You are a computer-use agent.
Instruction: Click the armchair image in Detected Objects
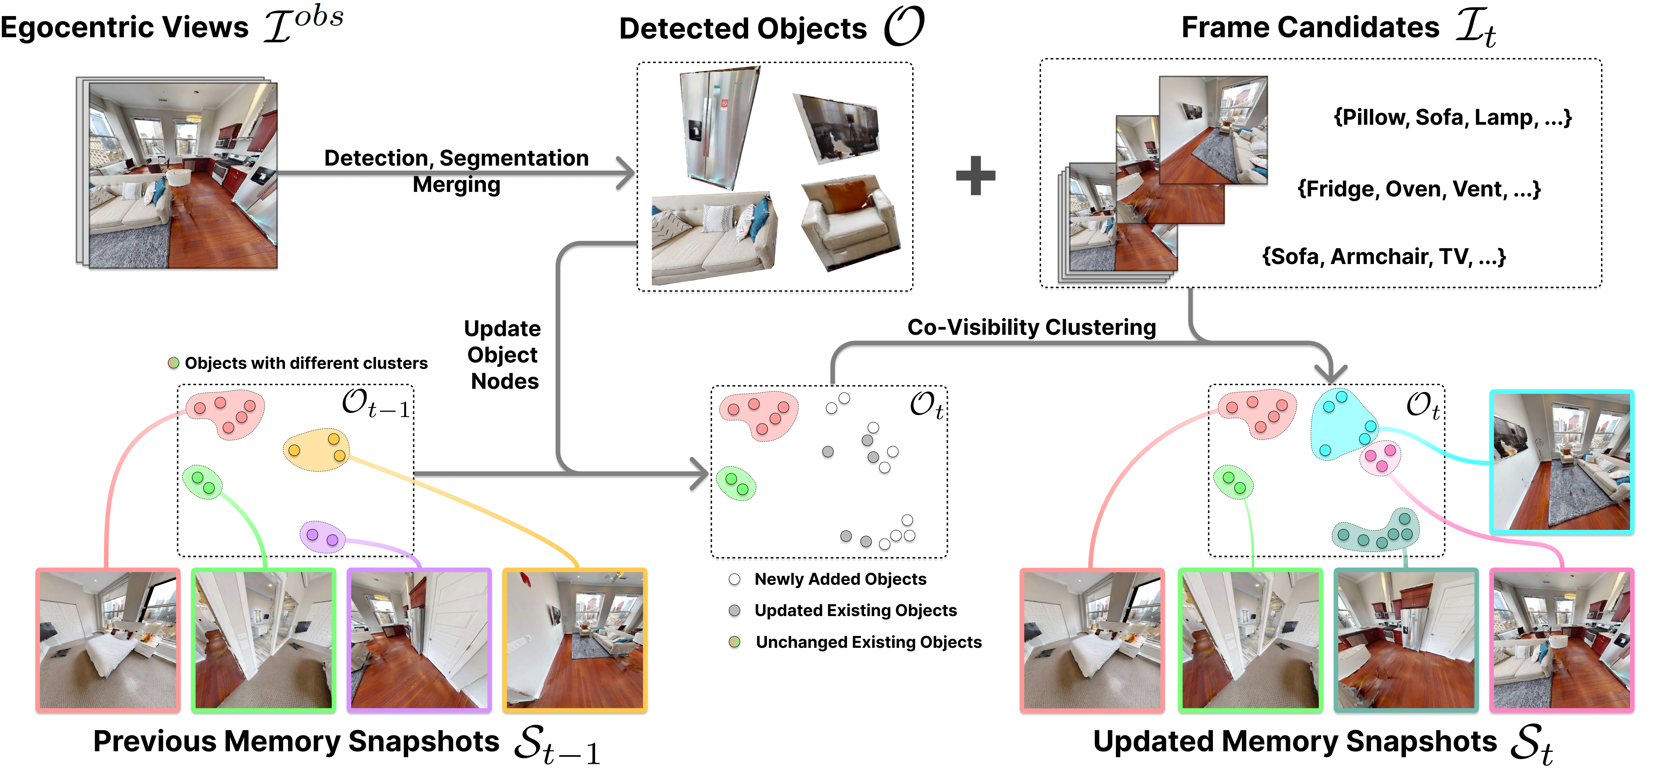pos(849,223)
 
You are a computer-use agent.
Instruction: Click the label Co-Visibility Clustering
pos(1031,327)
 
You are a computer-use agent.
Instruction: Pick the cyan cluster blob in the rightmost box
pos(1342,425)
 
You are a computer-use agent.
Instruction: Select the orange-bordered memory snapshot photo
pos(575,640)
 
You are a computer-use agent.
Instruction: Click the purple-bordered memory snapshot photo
pos(419,640)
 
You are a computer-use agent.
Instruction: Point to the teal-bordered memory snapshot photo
pos(1406,640)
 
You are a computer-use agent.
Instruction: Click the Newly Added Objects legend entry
pos(840,579)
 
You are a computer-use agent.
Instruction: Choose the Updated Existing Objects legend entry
pos(854,611)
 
